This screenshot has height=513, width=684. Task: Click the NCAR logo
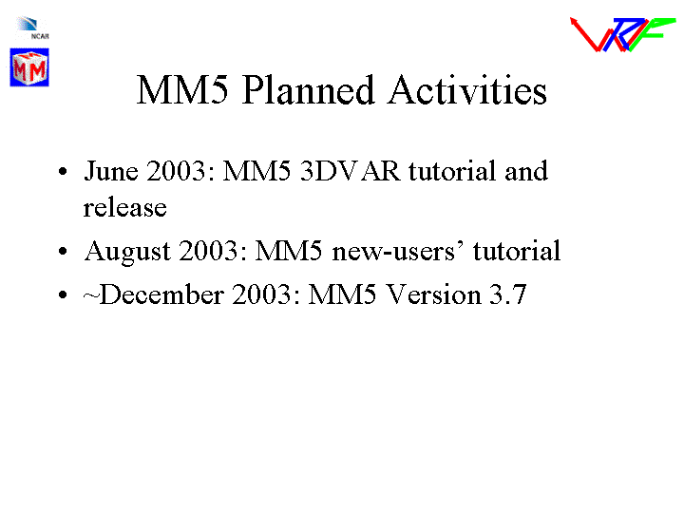tap(32, 28)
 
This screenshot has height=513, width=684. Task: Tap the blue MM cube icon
tap(29, 67)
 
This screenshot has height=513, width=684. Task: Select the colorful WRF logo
tap(622, 34)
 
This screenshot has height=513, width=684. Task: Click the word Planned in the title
tap(308, 90)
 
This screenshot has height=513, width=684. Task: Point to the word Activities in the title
tap(467, 90)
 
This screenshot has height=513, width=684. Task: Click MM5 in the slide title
tap(182, 90)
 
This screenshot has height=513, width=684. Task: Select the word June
tap(111, 171)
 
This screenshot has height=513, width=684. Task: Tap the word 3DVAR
tap(350, 171)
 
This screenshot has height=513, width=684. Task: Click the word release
tap(125, 208)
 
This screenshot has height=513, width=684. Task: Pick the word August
tap(127, 252)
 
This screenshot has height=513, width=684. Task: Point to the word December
tap(161, 294)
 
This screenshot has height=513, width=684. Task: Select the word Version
tap(434, 294)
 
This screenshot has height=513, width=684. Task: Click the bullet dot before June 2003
tap(63, 171)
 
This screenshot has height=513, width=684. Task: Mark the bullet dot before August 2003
tap(63, 251)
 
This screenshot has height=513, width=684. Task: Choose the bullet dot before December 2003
tap(63, 294)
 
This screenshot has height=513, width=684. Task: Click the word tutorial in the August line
tap(517, 251)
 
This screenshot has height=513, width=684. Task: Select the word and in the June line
tap(526, 171)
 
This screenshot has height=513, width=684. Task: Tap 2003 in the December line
tap(261, 294)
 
